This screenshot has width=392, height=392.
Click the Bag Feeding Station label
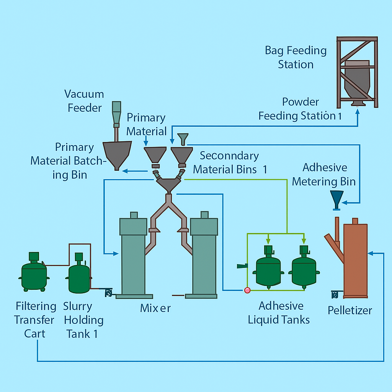[x=296, y=57]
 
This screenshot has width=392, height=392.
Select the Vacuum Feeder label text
[x=84, y=101]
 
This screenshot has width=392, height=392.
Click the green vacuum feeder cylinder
[x=116, y=111]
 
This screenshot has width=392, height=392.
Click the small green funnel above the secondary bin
[x=183, y=139]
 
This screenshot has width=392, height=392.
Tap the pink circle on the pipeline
[x=247, y=291]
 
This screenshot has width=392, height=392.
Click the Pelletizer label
[x=350, y=310]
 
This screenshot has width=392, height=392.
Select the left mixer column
[x=133, y=256]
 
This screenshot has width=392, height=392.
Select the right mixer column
[x=204, y=256]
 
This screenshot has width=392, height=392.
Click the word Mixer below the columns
[x=155, y=308]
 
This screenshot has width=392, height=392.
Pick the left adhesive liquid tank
[x=269, y=270]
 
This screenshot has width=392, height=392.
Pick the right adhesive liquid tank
[x=304, y=270]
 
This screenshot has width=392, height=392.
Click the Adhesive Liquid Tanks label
[x=279, y=313]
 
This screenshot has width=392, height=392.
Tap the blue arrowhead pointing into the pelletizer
[x=371, y=253]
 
